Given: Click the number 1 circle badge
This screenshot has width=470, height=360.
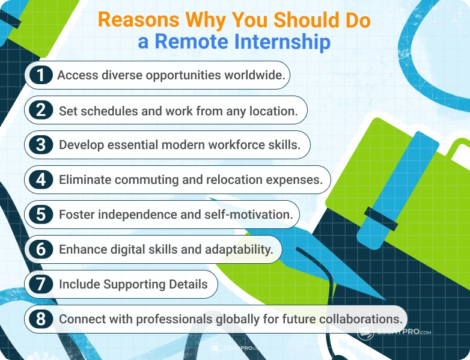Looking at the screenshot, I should coord(41,75).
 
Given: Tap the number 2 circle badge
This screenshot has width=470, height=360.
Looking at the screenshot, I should coord(41,110).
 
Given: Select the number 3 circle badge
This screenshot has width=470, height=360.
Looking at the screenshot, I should coord(41,145).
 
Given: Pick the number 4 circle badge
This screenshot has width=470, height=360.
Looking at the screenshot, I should coord(41,179).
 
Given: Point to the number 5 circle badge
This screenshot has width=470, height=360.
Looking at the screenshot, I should coord(41,214).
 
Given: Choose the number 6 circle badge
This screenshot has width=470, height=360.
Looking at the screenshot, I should coord(41,249).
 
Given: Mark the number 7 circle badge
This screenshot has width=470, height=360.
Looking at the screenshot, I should coord(41,284).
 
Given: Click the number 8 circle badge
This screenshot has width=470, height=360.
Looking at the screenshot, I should coord(41,319).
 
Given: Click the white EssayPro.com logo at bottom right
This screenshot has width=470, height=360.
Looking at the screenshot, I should coord(394,331).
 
